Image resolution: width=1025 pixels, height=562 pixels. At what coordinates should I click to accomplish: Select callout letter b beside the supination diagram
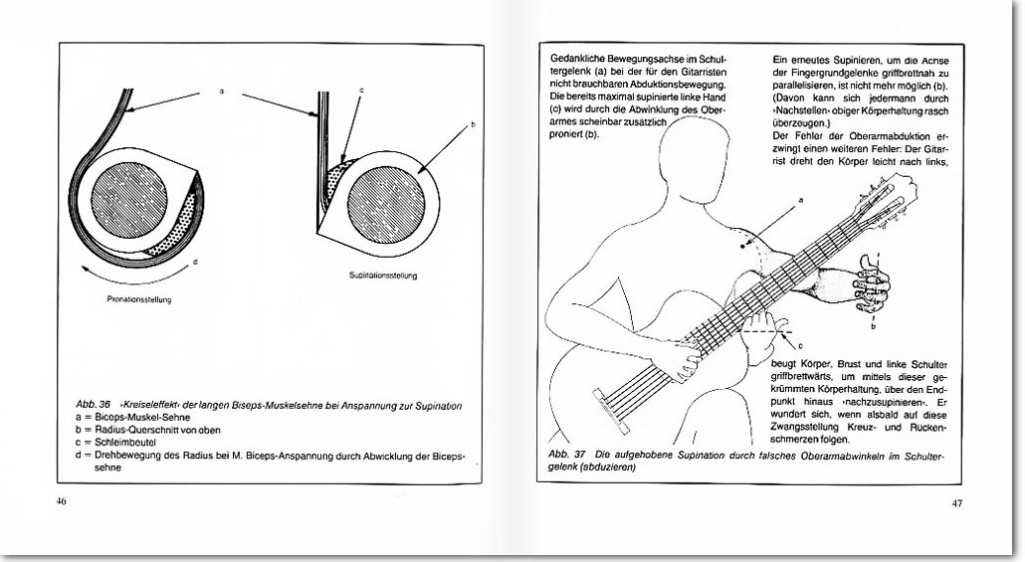click(471, 125)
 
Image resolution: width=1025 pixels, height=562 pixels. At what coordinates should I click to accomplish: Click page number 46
click(61, 501)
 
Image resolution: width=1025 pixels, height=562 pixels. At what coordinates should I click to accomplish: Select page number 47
click(956, 502)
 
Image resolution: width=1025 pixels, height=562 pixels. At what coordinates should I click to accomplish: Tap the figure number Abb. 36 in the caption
click(93, 406)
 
